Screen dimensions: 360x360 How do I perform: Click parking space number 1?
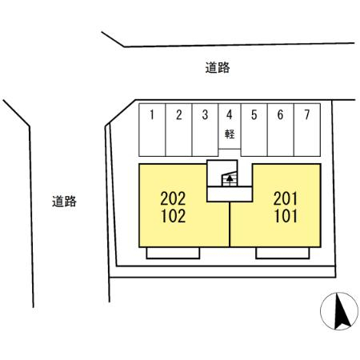[152, 130]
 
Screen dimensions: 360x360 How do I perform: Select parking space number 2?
[178, 130]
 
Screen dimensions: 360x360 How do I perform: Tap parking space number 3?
[205, 130]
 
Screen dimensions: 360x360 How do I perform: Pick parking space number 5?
[254, 130]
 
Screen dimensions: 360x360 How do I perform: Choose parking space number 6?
[281, 130]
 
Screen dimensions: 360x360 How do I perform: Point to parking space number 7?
[307, 130]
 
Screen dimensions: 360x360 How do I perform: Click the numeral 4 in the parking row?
[230, 114]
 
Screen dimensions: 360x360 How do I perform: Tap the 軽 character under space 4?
[230, 134]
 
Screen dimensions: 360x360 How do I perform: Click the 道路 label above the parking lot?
[218, 67]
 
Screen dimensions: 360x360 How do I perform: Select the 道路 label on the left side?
[64, 202]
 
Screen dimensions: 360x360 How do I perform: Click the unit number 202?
[173, 198]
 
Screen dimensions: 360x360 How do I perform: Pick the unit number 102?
[174, 216]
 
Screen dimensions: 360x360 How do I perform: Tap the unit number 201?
[286, 198]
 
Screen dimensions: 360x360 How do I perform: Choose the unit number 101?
[286, 216]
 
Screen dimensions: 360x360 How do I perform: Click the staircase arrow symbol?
[230, 181]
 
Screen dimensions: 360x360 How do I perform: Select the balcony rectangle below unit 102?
[173, 253]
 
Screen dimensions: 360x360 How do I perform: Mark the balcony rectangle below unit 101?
[282, 253]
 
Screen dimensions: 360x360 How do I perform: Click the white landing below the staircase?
[230, 194]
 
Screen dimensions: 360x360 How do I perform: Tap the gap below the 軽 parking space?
[230, 153]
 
